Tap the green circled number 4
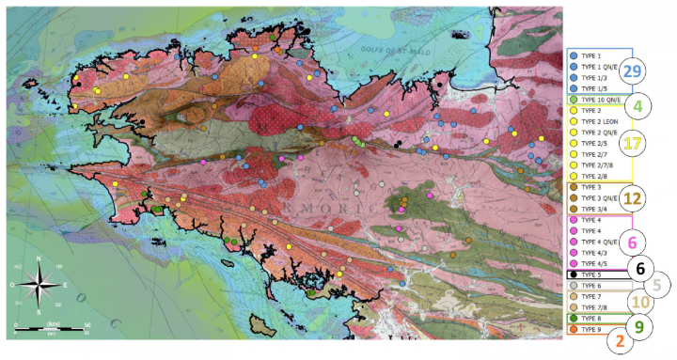638,106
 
